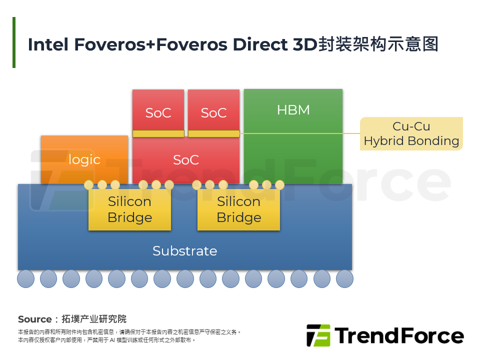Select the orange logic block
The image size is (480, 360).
pyautogui.click(x=84, y=159)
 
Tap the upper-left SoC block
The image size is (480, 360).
pyautogui.click(x=158, y=110)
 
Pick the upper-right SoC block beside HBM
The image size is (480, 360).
pyautogui.click(x=213, y=110)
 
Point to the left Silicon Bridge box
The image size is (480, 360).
pyautogui.click(x=129, y=209)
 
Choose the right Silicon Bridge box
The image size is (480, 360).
pyautogui.click(x=238, y=209)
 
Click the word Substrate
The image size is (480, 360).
pyautogui.click(x=184, y=251)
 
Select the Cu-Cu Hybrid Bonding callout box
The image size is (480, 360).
pyautogui.click(x=411, y=133)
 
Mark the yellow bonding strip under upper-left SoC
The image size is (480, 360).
pyautogui.click(x=158, y=133)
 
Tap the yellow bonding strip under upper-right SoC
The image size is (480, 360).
pyautogui.click(x=213, y=133)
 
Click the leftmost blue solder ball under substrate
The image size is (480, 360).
pyautogui.click(x=25, y=278)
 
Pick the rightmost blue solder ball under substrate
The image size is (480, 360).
pyautogui.click(x=344, y=278)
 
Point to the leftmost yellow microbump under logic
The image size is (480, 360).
pyautogui.click(x=89, y=185)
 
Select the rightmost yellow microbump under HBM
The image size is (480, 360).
pyautogui.click(x=279, y=185)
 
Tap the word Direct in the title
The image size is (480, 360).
pyautogui.click(x=260, y=44)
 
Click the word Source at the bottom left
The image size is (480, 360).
pyautogui.click(x=34, y=319)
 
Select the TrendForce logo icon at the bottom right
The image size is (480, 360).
pyautogui.click(x=318, y=335)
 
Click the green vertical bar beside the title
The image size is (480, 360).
pyautogui.click(x=14, y=42)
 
